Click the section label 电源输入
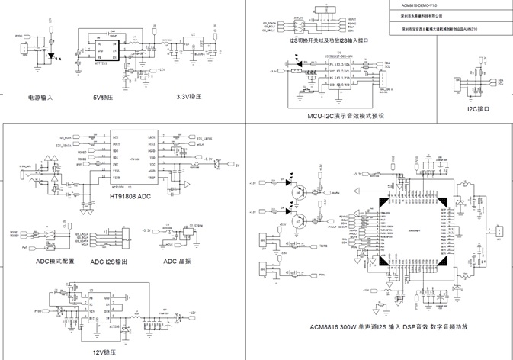tap(40, 98)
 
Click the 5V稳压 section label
tap(103, 98)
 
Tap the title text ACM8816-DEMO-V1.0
tap(418, 5)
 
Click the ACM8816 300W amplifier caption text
tap(387, 327)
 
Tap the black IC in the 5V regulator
tap(105, 48)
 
